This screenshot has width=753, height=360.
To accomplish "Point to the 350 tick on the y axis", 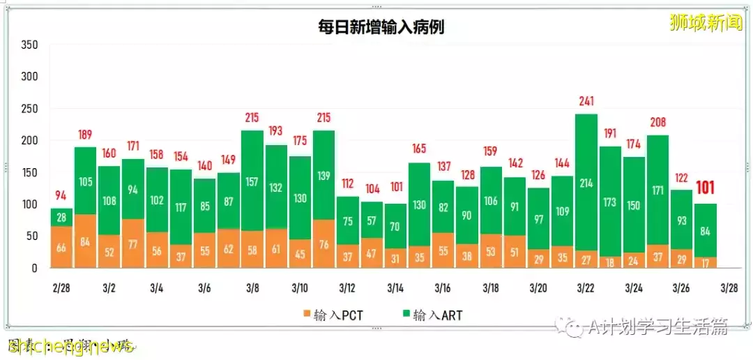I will pyautogui.click(x=29, y=45).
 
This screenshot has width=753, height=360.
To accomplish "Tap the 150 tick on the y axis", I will pyautogui.click(x=29, y=172).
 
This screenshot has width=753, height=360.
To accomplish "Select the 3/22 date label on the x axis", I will pyautogui.click(x=586, y=288).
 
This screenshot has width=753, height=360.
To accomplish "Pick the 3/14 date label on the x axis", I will pyautogui.click(x=395, y=288).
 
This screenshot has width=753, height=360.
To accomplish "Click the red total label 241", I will pyautogui.click(x=586, y=102).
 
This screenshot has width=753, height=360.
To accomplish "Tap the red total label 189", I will pyautogui.click(x=86, y=135).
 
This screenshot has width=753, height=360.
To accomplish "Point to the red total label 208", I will pyautogui.click(x=658, y=123).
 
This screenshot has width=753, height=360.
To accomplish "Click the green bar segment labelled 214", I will pyautogui.click(x=586, y=183).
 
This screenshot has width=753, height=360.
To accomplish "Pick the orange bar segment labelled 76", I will pyautogui.click(x=324, y=244).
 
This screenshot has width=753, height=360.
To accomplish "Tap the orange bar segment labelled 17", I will pyautogui.click(x=706, y=262).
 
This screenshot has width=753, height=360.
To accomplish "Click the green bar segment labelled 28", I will pyautogui.click(x=62, y=217).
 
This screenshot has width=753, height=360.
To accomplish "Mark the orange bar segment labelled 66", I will pyautogui.click(x=62, y=247).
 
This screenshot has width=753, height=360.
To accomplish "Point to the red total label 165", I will pyautogui.click(x=419, y=149).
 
